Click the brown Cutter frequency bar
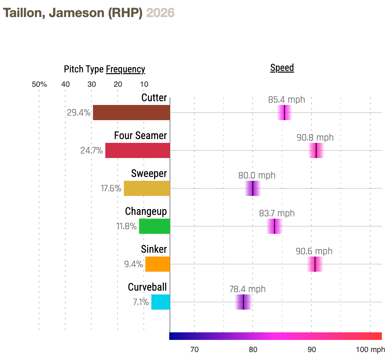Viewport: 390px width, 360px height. tap(131, 113)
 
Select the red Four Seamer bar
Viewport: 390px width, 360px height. tap(137, 150)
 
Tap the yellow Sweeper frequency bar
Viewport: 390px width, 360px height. tap(147, 188)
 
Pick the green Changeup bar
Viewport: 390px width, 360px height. tap(154, 226)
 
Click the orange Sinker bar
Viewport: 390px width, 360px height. tap(157, 264)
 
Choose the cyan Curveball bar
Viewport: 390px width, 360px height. tap(160, 302)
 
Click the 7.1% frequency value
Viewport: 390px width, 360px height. tap(141, 302)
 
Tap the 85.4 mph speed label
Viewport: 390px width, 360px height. tap(286, 100)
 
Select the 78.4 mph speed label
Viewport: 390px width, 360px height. tap(247, 289)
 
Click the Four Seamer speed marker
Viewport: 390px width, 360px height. tap(316, 150)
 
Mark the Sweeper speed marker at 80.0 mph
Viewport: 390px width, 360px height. tap(253, 188)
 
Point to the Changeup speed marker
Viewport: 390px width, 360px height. tap(274, 226)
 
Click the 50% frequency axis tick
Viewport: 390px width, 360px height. tap(39, 84)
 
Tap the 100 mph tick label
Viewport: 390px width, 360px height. tap(370, 349)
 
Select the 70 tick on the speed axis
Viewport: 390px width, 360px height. tap(194, 349)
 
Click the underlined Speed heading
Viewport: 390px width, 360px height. tap(282, 68)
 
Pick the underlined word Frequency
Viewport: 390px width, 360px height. tap(125, 69)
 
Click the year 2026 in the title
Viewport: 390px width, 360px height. tap(160, 13)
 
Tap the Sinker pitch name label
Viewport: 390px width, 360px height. tap(154, 249)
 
